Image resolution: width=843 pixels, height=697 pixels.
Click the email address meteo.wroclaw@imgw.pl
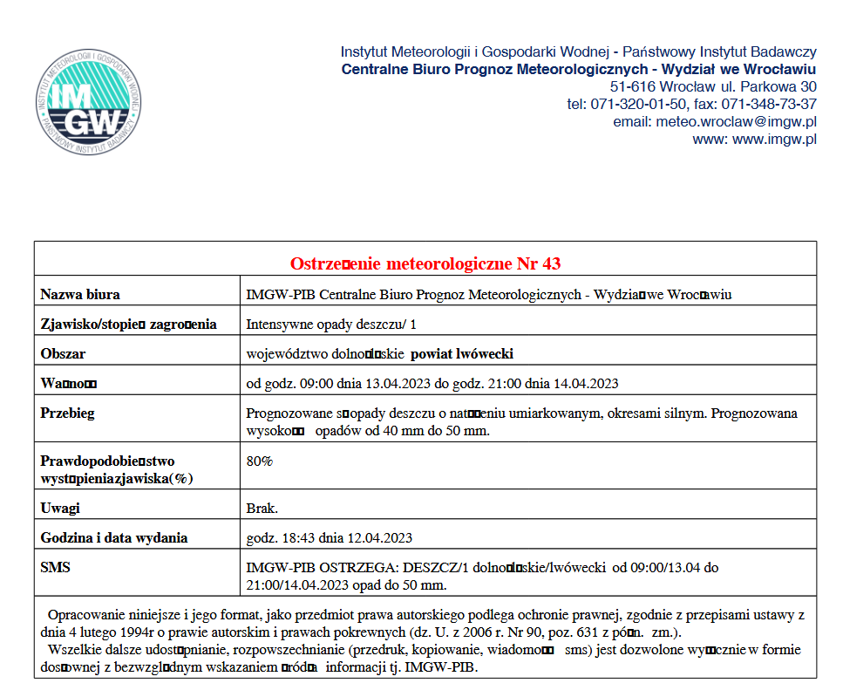coord(737,121)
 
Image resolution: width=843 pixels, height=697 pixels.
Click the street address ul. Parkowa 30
coord(768,86)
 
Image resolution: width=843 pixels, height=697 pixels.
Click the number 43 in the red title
coord(551,263)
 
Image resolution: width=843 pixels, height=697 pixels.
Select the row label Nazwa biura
coord(80,294)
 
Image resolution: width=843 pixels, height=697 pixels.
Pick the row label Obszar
coord(63,353)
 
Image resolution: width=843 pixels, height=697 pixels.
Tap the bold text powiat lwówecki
coord(462,353)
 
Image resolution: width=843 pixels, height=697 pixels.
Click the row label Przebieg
coord(67,413)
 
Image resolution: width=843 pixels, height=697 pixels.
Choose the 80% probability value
coord(259,461)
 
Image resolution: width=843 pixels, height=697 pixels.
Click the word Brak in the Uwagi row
coord(262,508)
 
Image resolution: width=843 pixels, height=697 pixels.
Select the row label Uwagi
coord(60,508)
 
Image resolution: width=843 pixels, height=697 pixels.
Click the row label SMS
coord(55,567)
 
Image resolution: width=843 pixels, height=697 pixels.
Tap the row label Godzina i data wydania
coord(114,537)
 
